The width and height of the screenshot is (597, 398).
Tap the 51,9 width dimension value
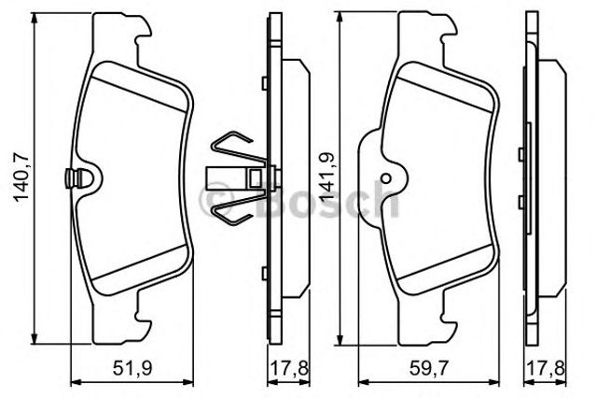[128, 367]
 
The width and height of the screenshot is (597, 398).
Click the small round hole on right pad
[385, 178]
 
